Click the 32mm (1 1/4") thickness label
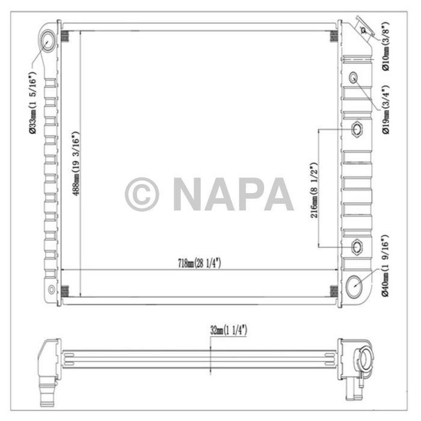tap(229, 330)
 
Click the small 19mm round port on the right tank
tap(353, 77)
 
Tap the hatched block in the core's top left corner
tap(66, 36)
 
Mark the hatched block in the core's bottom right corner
tap(333, 290)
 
